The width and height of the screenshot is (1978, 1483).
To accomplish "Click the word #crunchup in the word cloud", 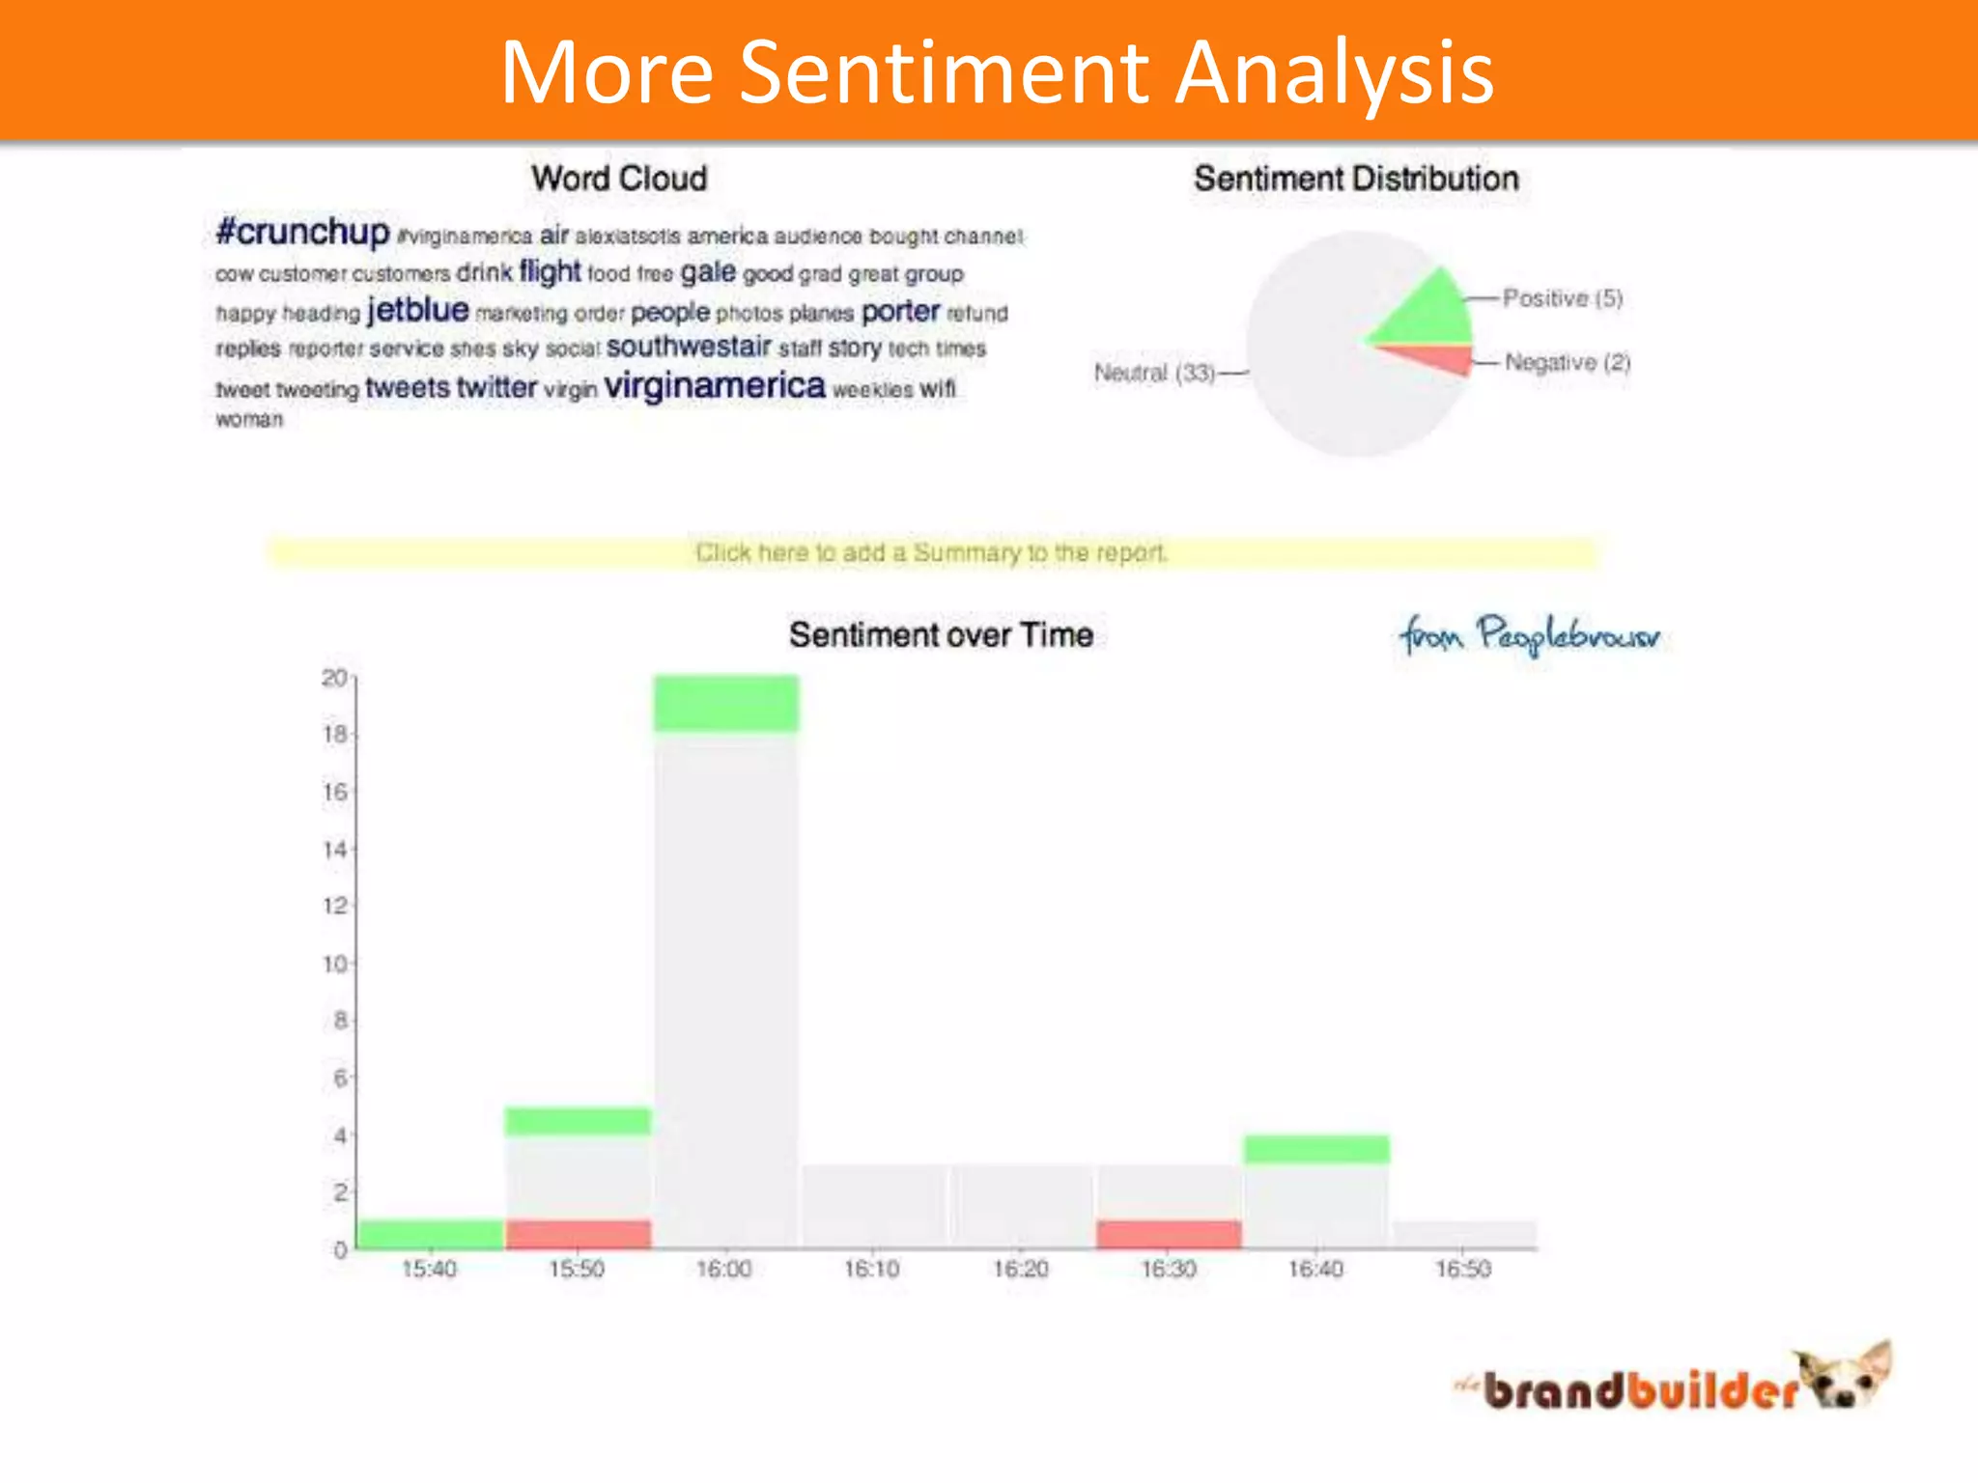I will coord(302,233).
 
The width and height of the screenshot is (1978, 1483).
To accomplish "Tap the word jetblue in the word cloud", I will coord(417,310).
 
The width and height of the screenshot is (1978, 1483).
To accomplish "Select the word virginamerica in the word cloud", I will coord(715,386).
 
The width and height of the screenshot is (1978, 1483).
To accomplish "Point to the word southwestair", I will coord(689,347).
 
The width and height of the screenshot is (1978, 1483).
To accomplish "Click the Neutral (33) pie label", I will coord(1154,373).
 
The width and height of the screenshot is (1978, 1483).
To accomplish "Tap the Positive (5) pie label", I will coord(1562,298).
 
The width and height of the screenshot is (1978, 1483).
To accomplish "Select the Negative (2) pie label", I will coord(1567,363).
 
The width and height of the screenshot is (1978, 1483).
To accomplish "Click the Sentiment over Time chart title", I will coord(941,635).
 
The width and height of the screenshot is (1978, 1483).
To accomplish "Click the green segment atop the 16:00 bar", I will coord(726,703).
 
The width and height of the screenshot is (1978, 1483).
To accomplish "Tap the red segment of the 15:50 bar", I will coord(578,1235).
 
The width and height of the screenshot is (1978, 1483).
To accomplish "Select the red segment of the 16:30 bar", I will coord(1169,1235).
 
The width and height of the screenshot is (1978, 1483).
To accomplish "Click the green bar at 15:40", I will coord(430,1235).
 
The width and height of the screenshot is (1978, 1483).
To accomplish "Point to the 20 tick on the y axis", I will coord(334,679).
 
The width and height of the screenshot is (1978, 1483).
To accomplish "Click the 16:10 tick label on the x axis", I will coord(872,1270).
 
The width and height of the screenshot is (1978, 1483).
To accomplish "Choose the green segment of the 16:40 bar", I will coord(1316,1150).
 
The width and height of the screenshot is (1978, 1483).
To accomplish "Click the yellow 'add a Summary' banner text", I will coord(931,553).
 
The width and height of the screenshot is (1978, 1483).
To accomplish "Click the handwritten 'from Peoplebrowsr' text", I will coord(1529,635).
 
